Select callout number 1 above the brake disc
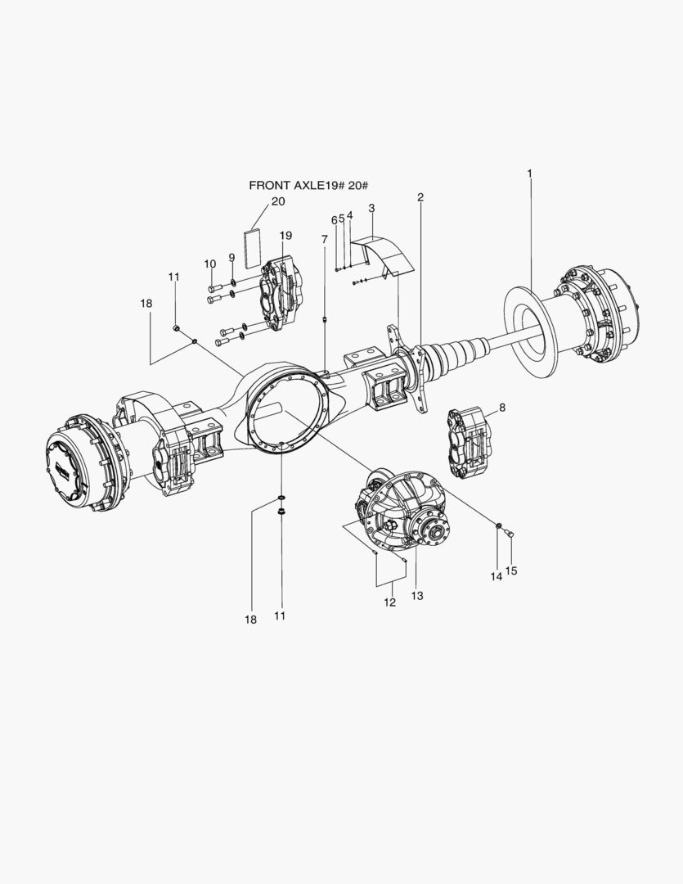pyautogui.click(x=529, y=174)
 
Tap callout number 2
pyautogui.click(x=420, y=197)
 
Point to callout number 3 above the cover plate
pyautogui.click(x=371, y=209)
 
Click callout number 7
pyautogui.click(x=325, y=239)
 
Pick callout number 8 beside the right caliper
pyautogui.click(x=501, y=407)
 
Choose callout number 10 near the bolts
pyautogui.click(x=210, y=264)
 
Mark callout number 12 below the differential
pyautogui.click(x=389, y=602)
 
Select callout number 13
pyautogui.click(x=417, y=597)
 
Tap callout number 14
pyautogui.click(x=496, y=576)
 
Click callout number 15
pyautogui.click(x=511, y=571)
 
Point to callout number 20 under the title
pyautogui.click(x=278, y=201)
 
